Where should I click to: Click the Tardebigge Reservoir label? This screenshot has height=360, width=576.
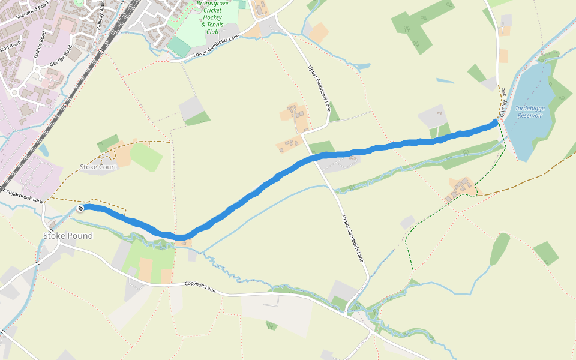[529, 112]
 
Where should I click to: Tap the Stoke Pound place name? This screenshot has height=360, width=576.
[68, 236]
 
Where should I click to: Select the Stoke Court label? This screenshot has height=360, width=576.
[98, 167]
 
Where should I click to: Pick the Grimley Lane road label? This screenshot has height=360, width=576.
[503, 103]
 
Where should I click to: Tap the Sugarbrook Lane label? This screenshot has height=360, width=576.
[24, 196]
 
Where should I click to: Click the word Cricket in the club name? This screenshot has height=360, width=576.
[212, 11]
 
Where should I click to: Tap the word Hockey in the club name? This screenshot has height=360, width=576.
[212, 18]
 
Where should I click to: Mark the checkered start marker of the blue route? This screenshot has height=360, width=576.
[80, 208]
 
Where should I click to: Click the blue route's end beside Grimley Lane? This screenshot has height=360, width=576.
[495, 123]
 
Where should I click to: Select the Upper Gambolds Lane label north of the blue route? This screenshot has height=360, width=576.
[319, 89]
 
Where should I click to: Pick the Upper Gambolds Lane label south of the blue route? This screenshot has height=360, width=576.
[353, 239]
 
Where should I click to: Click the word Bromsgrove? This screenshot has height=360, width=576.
[214, 4]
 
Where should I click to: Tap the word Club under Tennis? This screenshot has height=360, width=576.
[212, 32]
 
